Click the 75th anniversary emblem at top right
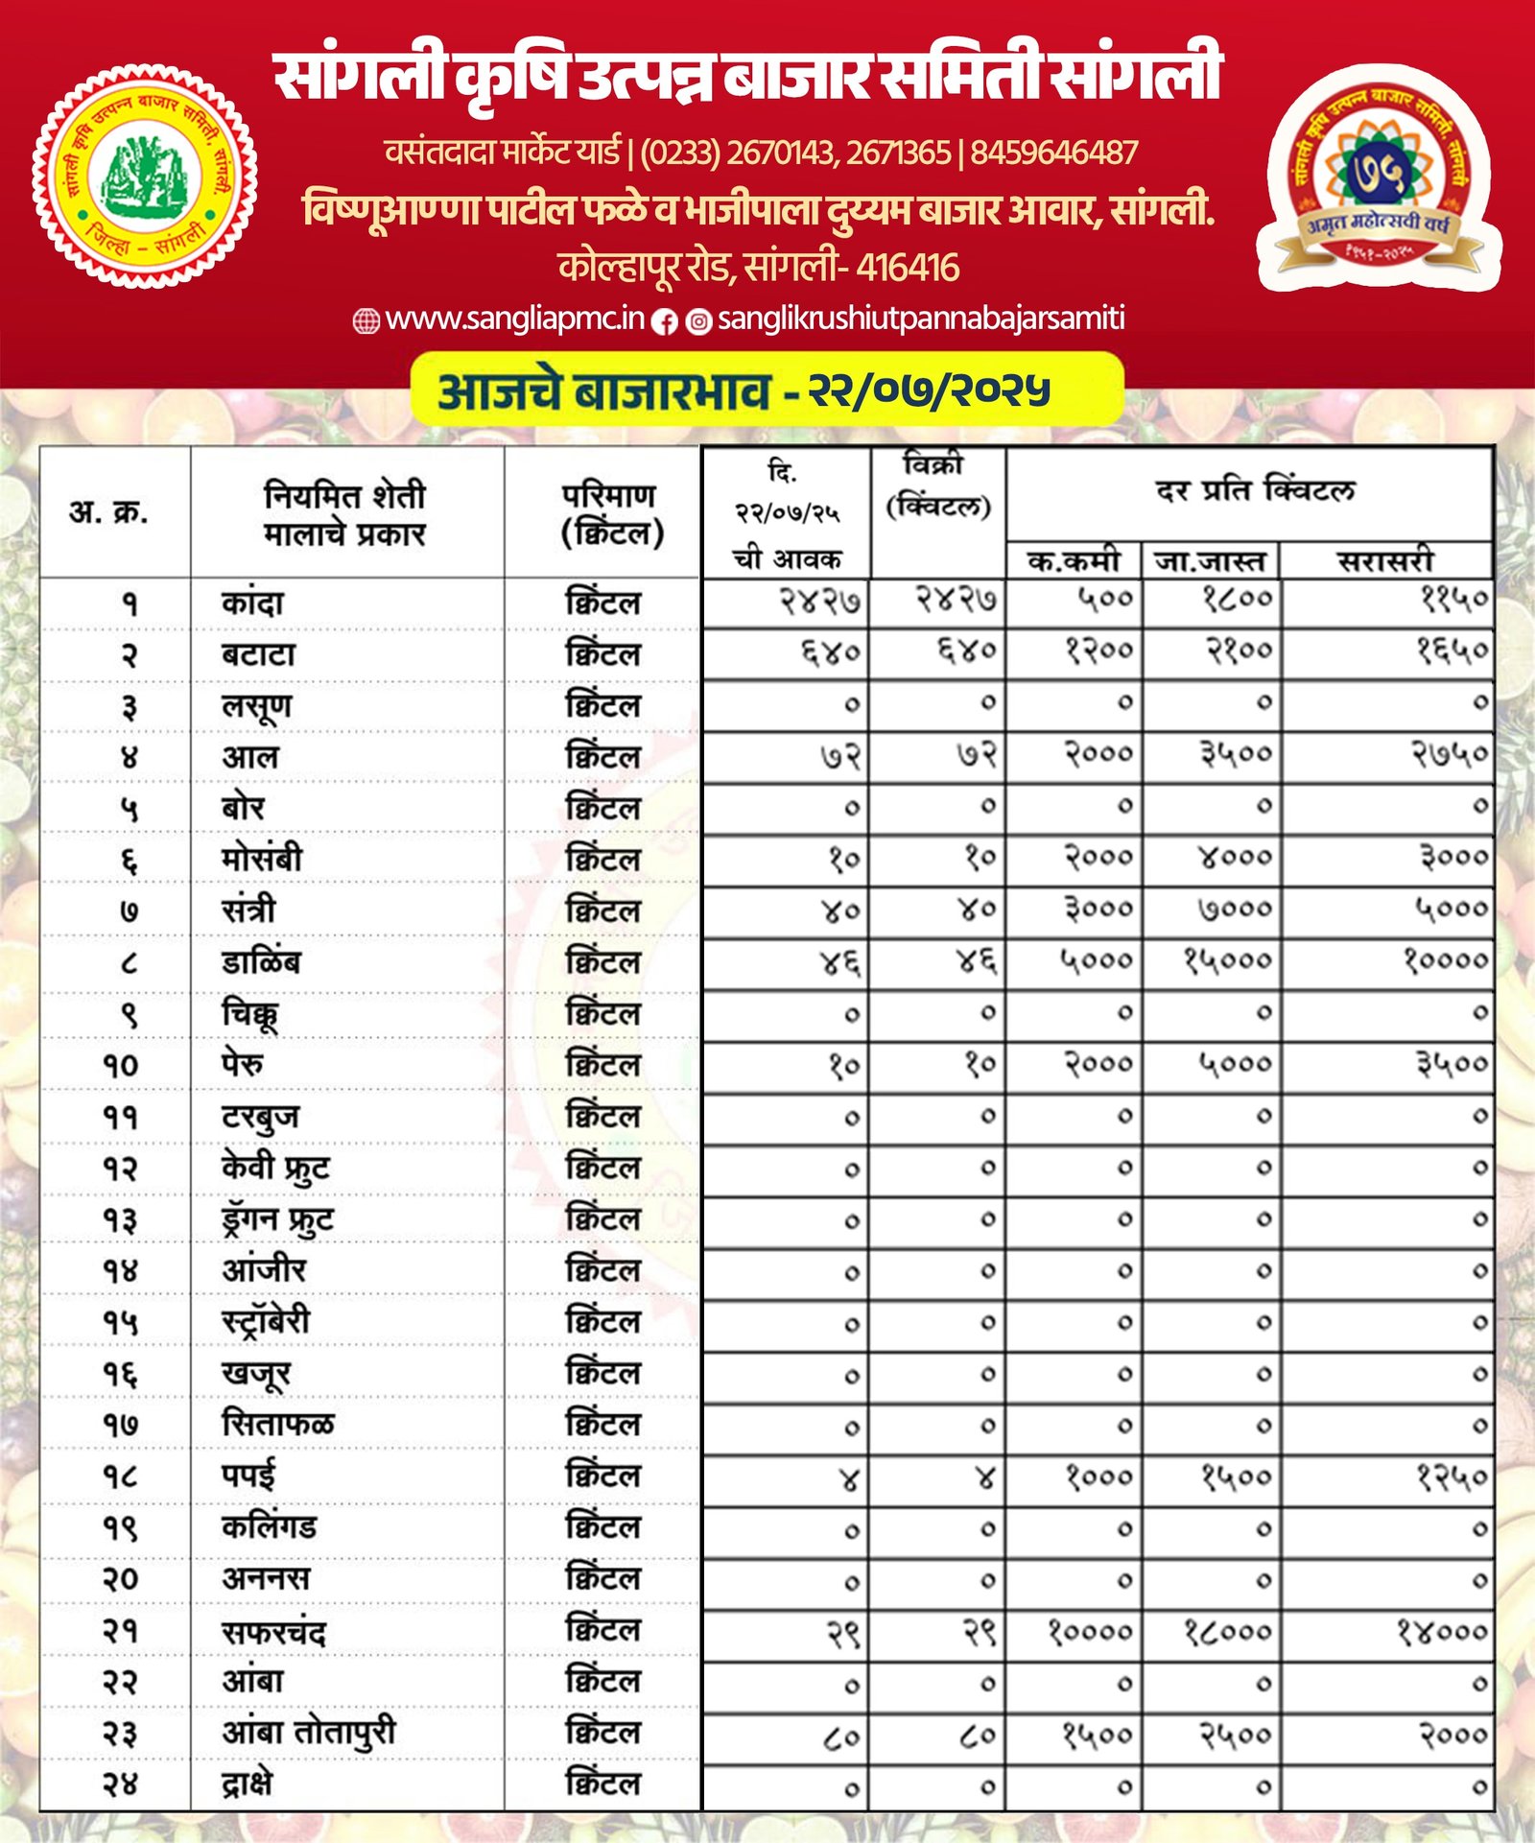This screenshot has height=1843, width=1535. [x=1379, y=178]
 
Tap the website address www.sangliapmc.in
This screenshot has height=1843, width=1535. [x=514, y=319]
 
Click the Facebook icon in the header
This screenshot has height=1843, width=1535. [x=665, y=322]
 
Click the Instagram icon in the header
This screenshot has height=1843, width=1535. [x=699, y=322]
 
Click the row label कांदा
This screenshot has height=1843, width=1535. [x=252, y=603]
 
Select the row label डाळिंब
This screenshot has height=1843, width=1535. [x=261, y=961]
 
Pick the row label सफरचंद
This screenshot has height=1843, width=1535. [x=274, y=1632]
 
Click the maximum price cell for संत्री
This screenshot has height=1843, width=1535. [x=1235, y=909]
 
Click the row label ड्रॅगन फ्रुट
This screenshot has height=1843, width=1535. [x=277, y=1219]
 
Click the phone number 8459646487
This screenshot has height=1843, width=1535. [x=1053, y=153]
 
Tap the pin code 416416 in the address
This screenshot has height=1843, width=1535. [x=908, y=267]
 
